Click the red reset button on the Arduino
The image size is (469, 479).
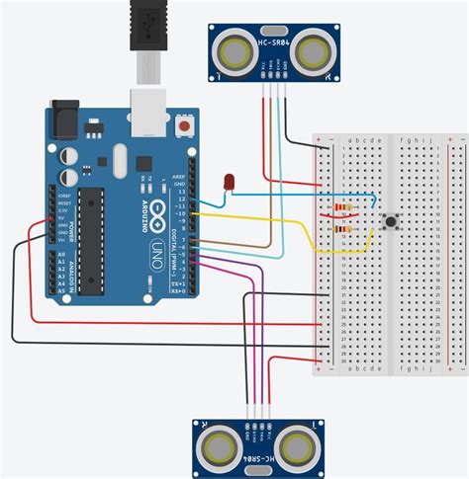point(184,127)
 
